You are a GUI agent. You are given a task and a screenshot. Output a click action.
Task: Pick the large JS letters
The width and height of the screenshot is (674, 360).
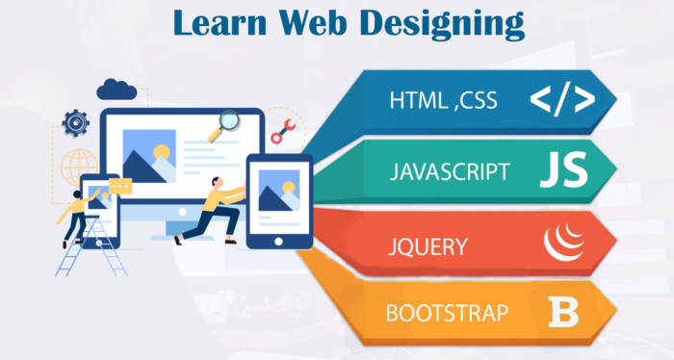(x=563, y=171)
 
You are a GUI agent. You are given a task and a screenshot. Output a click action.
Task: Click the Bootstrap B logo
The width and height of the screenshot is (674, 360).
(x=564, y=312)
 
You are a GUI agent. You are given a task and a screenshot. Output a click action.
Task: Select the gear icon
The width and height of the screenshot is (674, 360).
(x=75, y=123)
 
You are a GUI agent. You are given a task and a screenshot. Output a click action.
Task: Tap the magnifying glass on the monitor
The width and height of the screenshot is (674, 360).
(x=229, y=122)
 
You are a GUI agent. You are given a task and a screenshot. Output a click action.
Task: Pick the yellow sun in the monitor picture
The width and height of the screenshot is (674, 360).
(x=161, y=151)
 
